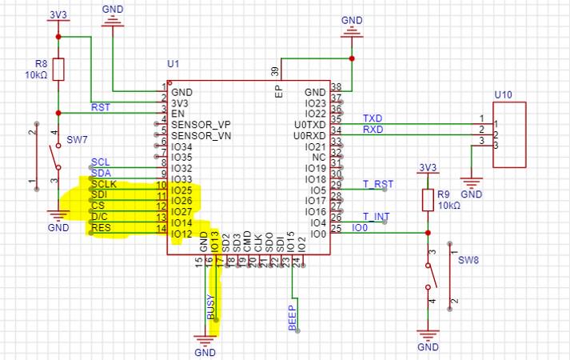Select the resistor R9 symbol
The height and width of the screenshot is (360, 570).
tap(427, 199)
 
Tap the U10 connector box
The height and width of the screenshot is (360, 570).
tap(508, 134)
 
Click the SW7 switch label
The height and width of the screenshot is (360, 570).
tap(77, 141)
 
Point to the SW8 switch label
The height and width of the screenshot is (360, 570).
tap(466, 261)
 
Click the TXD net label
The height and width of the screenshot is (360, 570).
tap(373, 118)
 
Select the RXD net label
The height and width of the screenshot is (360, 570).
tap(373, 129)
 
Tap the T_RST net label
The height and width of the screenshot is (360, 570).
tap(377, 184)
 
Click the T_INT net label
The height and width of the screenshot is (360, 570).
tap(376, 217)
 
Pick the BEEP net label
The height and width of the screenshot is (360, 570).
tap(293, 318)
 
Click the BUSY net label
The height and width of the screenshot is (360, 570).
tap(211, 307)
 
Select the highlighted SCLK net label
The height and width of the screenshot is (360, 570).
tap(104, 185)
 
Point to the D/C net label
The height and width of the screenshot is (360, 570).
tap(101, 217)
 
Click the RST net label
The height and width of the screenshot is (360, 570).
tap(101, 107)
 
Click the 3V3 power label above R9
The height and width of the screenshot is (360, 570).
tap(428, 167)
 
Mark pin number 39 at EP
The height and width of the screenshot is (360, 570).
tap(274, 70)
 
